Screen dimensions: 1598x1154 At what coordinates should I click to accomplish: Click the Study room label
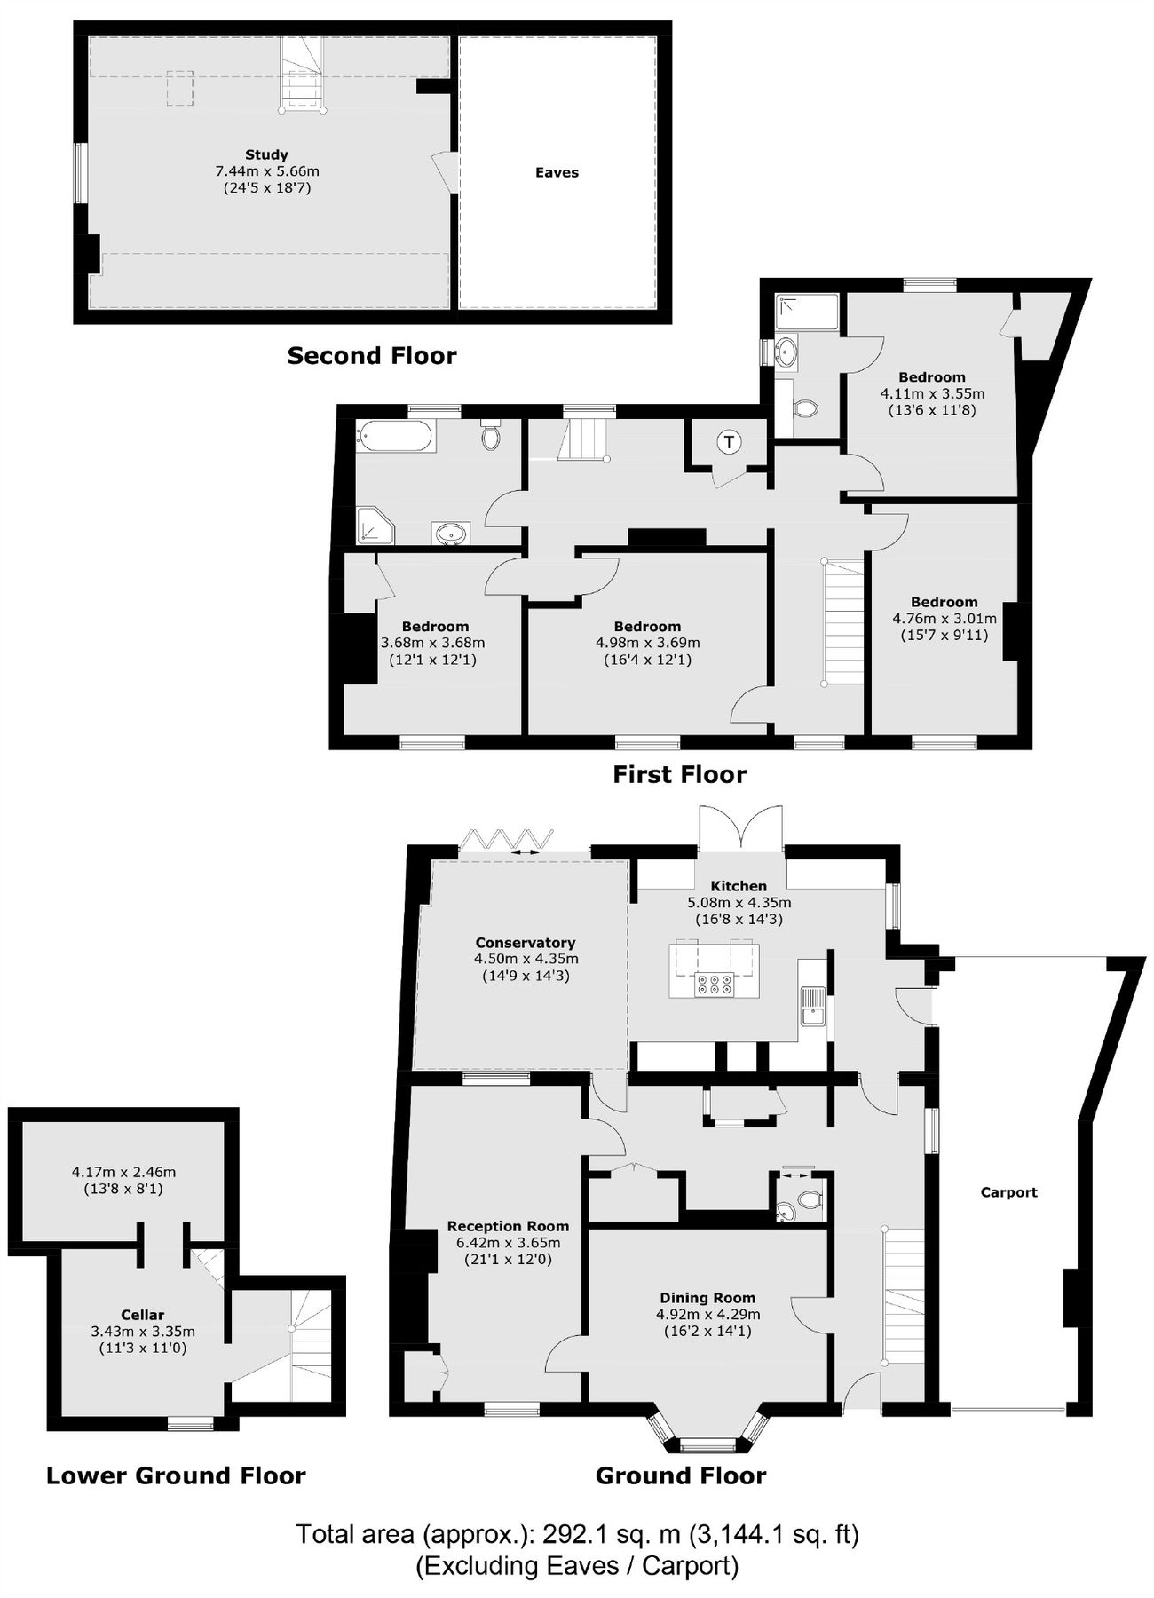[x=266, y=154]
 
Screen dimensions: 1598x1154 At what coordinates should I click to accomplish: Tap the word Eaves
[x=557, y=172]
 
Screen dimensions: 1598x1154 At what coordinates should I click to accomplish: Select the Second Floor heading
[x=372, y=356]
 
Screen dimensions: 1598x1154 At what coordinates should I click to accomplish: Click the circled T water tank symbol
[x=729, y=441]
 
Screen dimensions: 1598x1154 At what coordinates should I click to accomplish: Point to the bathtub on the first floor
[x=396, y=436]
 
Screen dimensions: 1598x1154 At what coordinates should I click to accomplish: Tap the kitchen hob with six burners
[x=715, y=983]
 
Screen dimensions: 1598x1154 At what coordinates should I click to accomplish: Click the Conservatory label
[x=526, y=943]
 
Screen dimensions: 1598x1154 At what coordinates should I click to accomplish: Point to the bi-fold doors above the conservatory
[x=507, y=839]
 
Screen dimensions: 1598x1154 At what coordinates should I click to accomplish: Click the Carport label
[x=1008, y=1192]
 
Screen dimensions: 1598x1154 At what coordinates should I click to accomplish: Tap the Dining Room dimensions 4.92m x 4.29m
[x=707, y=1314]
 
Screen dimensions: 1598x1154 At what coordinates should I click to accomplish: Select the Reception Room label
[x=508, y=1226]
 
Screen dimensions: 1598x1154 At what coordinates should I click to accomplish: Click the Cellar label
[x=143, y=1315]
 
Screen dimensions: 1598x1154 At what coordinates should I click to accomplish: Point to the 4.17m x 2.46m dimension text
[x=123, y=1172]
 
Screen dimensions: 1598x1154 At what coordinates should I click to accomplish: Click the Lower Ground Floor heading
[x=176, y=1475]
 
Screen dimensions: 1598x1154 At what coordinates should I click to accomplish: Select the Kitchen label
[x=739, y=885]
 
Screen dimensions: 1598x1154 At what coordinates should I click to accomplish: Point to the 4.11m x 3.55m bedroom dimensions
[x=932, y=393]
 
